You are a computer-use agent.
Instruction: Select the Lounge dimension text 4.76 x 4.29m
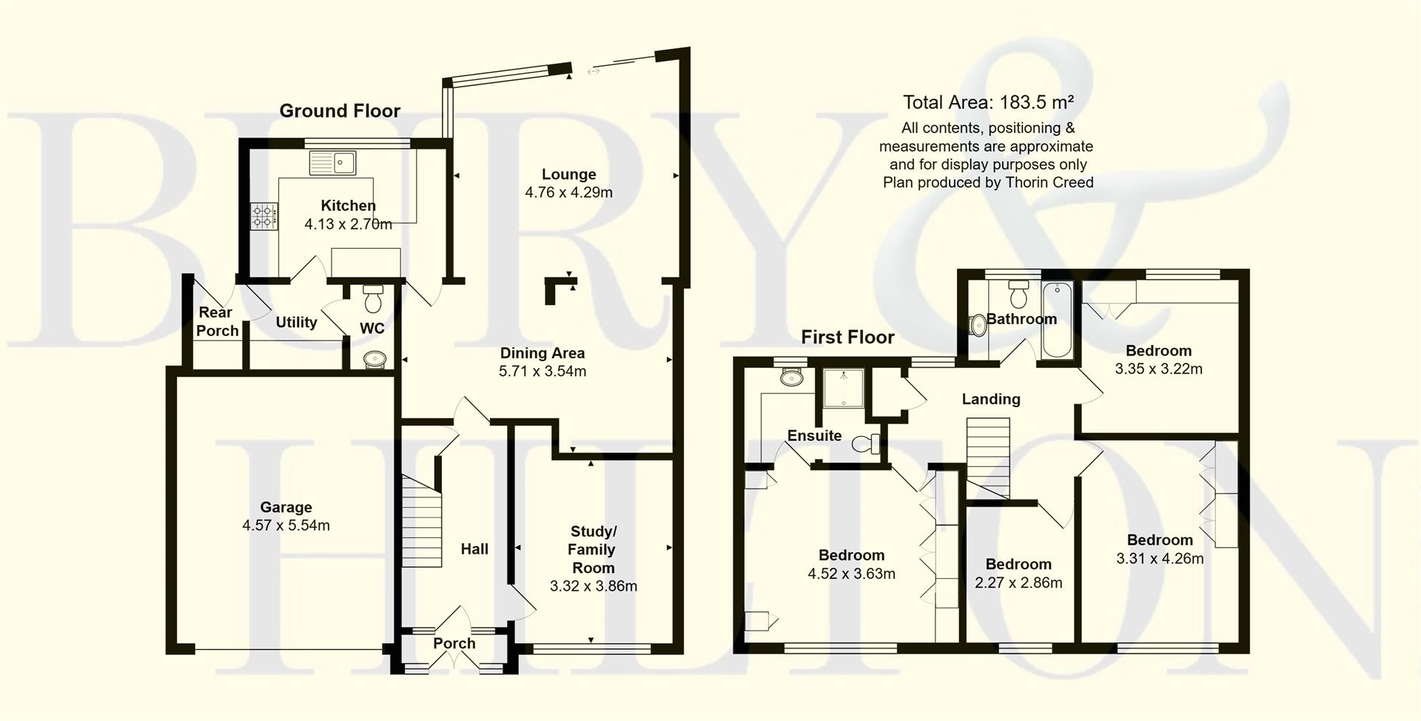point(568,192)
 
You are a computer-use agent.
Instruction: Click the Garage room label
point(286,507)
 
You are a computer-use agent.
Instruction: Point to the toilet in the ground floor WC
point(372,299)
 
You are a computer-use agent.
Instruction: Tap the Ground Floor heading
point(340,111)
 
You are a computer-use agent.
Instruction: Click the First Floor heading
point(847,338)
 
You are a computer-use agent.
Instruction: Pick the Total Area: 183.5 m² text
point(988,102)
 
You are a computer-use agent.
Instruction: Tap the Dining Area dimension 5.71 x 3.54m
point(542,372)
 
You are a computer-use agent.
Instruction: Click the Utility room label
point(296,322)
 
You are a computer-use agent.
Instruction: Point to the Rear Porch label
point(216,322)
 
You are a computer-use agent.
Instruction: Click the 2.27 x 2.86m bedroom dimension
point(1018,583)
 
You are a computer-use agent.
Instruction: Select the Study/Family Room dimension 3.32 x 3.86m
point(593,586)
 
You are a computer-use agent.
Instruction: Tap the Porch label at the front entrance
point(454,643)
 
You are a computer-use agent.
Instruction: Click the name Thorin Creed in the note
point(1050,182)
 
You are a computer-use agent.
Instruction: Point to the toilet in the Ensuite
point(865,444)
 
